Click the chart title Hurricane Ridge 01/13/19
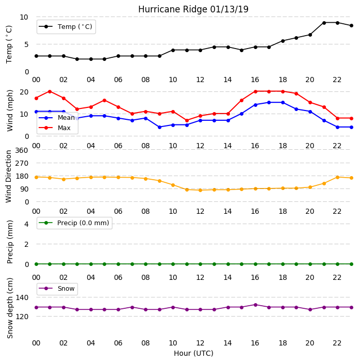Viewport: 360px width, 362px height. pyautogui.click(x=193, y=9)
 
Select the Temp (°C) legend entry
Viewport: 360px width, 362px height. pyautogui.click(x=66, y=27)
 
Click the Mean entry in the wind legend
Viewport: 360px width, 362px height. pyautogui.click(x=57, y=118)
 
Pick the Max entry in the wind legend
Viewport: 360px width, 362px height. pyautogui.click(x=55, y=128)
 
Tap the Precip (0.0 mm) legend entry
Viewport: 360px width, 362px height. pyautogui.click(x=74, y=223)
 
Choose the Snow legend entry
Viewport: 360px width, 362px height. pyautogui.click(x=57, y=289)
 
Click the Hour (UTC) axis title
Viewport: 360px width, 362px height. pyautogui.click(x=193, y=353)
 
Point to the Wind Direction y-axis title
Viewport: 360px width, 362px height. pyautogui.click(x=9, y=177)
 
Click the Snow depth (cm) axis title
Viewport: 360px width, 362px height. pyautogui.click(x=10, y=308)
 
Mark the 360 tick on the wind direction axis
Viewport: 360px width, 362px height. pyautogui.click(x=22, y=150)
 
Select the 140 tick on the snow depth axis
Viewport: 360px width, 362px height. pyautogui.click(x=22, y=297)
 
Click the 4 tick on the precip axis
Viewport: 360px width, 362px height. pyautogui.click(x=26, y=224)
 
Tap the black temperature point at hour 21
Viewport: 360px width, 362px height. pyautogui.click(x=324, y=23)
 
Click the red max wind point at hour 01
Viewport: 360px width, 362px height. pyautogui.click(x=50, y=91)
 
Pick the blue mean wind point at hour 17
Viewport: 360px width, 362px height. pyautogui.click(x=269, y=102)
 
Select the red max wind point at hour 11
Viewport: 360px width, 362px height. pyautogui.click(x=187, y=120)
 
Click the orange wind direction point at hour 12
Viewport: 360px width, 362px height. pyautogui.click(x=201, y=190)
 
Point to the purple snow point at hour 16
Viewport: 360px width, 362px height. pyautogui.click(x=255, y=305)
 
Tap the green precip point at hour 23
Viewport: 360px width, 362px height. pyautogui.click(x=351, y=264)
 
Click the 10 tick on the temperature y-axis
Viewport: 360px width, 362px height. pyautogui.click(x=24, y=17)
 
